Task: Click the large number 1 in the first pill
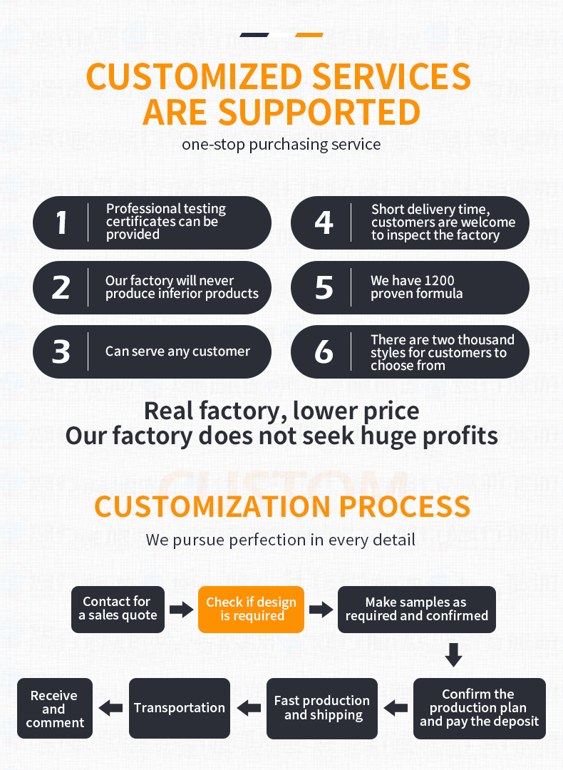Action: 61,222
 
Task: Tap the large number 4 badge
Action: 324,222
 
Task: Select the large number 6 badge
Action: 324,351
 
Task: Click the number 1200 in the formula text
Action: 438,280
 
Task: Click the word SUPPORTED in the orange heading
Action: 319,113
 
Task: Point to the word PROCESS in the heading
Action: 405,506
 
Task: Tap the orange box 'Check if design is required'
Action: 252,609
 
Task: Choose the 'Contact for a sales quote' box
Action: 118,609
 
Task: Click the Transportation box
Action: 180,708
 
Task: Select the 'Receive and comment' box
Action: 55,708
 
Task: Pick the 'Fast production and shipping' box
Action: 322,708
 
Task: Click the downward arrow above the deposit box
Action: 453,654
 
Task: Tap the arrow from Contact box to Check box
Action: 182,610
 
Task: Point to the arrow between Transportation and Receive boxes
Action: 111,708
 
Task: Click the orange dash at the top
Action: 309,35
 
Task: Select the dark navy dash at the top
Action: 254,35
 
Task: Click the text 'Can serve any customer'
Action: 177,351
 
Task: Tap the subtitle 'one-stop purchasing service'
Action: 281,144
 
